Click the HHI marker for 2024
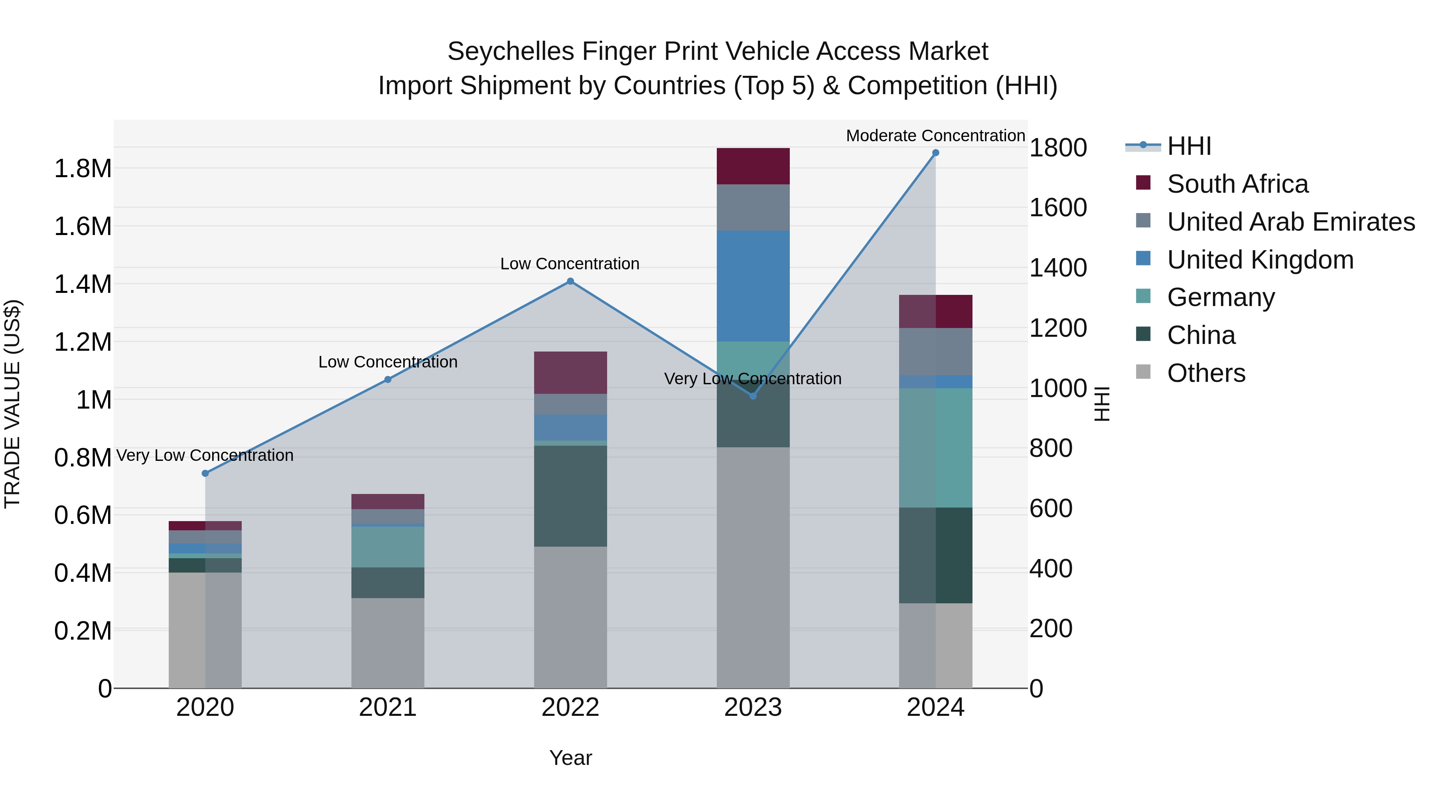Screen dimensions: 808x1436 tap(935, 153)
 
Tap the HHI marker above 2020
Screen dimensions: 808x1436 tap(205, 473)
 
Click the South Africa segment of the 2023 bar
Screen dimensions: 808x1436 tap(753, 166)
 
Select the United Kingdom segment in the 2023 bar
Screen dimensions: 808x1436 tap(753, 286)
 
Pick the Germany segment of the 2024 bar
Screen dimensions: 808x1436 tap(935, 448)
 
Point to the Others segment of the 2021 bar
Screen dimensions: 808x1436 tap(387, 643)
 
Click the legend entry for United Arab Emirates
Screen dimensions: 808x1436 tap(1290, 222)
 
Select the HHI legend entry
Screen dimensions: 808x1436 tap(1189, 146)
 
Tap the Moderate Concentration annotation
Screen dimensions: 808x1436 tap(935, 136)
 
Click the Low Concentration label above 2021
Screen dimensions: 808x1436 tap(387, 362)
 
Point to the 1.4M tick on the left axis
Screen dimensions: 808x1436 tap(83, 284)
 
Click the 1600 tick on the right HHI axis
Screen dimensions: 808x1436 tap(1057, 208)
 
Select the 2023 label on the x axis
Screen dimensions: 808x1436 tap(753, 707)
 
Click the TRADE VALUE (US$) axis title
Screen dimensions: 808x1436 tap(12, 404)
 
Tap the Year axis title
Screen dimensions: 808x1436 tap(570, 758)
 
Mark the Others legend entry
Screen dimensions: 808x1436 tap(1206, 373)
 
